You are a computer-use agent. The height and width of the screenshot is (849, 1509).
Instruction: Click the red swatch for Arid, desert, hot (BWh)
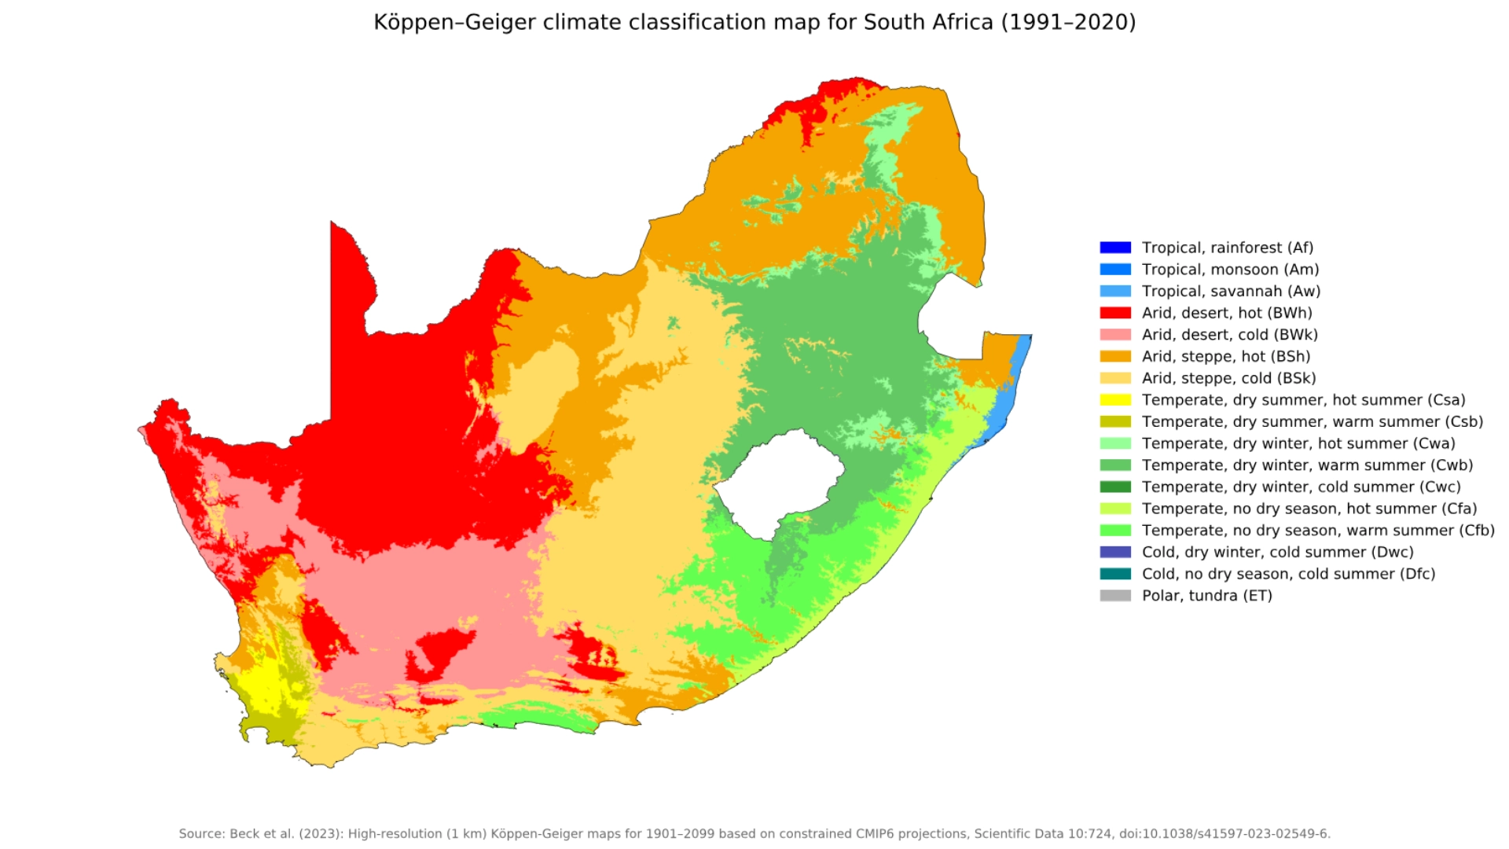point(1114,313)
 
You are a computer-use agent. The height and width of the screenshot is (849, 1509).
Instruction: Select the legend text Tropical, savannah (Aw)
point(1231,292)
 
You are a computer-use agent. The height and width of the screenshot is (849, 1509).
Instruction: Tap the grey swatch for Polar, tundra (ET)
point(1114,596)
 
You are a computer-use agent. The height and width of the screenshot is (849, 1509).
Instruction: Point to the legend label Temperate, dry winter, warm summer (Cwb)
point(1307,465)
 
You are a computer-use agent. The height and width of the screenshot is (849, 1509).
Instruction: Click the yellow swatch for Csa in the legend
point(1114,400)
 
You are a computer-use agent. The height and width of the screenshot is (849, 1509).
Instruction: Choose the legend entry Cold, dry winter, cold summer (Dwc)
point(1277,553)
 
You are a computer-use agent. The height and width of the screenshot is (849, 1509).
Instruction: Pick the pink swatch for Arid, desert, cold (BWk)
point(1114,335)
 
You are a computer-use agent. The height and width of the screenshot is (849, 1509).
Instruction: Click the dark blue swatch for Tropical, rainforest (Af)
point(1114,248)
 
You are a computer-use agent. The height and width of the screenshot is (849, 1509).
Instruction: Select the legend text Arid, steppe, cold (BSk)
point(1228,378)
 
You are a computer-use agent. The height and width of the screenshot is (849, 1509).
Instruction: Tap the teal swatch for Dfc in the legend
point(1114,574)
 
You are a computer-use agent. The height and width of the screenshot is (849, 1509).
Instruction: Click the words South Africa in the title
point(928,22)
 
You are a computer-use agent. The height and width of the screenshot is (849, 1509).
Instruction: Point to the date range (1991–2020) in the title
point(1068,22)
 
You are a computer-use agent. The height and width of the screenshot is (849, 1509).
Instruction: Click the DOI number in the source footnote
point(1250,834)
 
